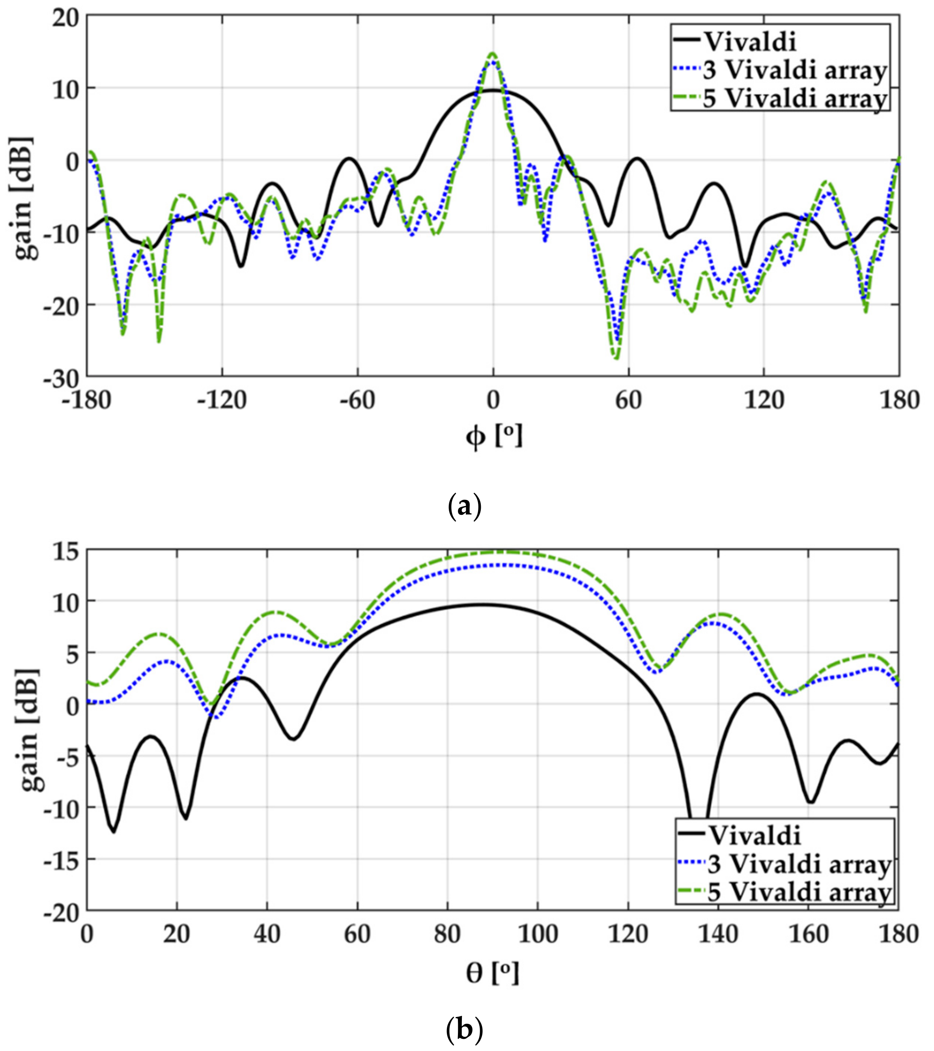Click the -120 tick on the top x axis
(222, 400)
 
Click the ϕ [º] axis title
(494, 438)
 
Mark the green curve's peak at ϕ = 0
(493, 54)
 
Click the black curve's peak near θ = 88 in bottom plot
(483, 605)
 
